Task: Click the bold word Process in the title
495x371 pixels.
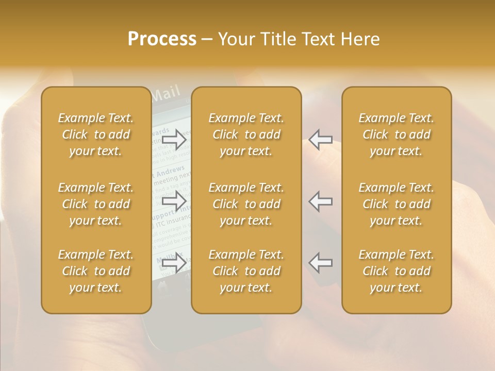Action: pos(162,39)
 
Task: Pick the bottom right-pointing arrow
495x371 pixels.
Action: pos(174,263)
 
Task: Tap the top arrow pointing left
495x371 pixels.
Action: pos(321,139)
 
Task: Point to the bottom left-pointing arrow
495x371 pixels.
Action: pos(321,263)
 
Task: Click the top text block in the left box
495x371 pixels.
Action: pos(96,134)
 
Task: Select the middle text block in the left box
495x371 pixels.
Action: pos(96,204)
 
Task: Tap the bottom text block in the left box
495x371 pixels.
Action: pos(96,271)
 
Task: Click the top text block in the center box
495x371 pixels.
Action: pos(246,134)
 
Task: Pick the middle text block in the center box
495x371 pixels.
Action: pos(246,204)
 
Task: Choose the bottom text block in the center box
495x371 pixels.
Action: pos(246,271)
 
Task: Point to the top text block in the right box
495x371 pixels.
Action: pos(396,134)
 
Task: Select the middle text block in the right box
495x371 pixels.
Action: pos(396,204)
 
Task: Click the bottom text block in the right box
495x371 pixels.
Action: pos(396,271)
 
